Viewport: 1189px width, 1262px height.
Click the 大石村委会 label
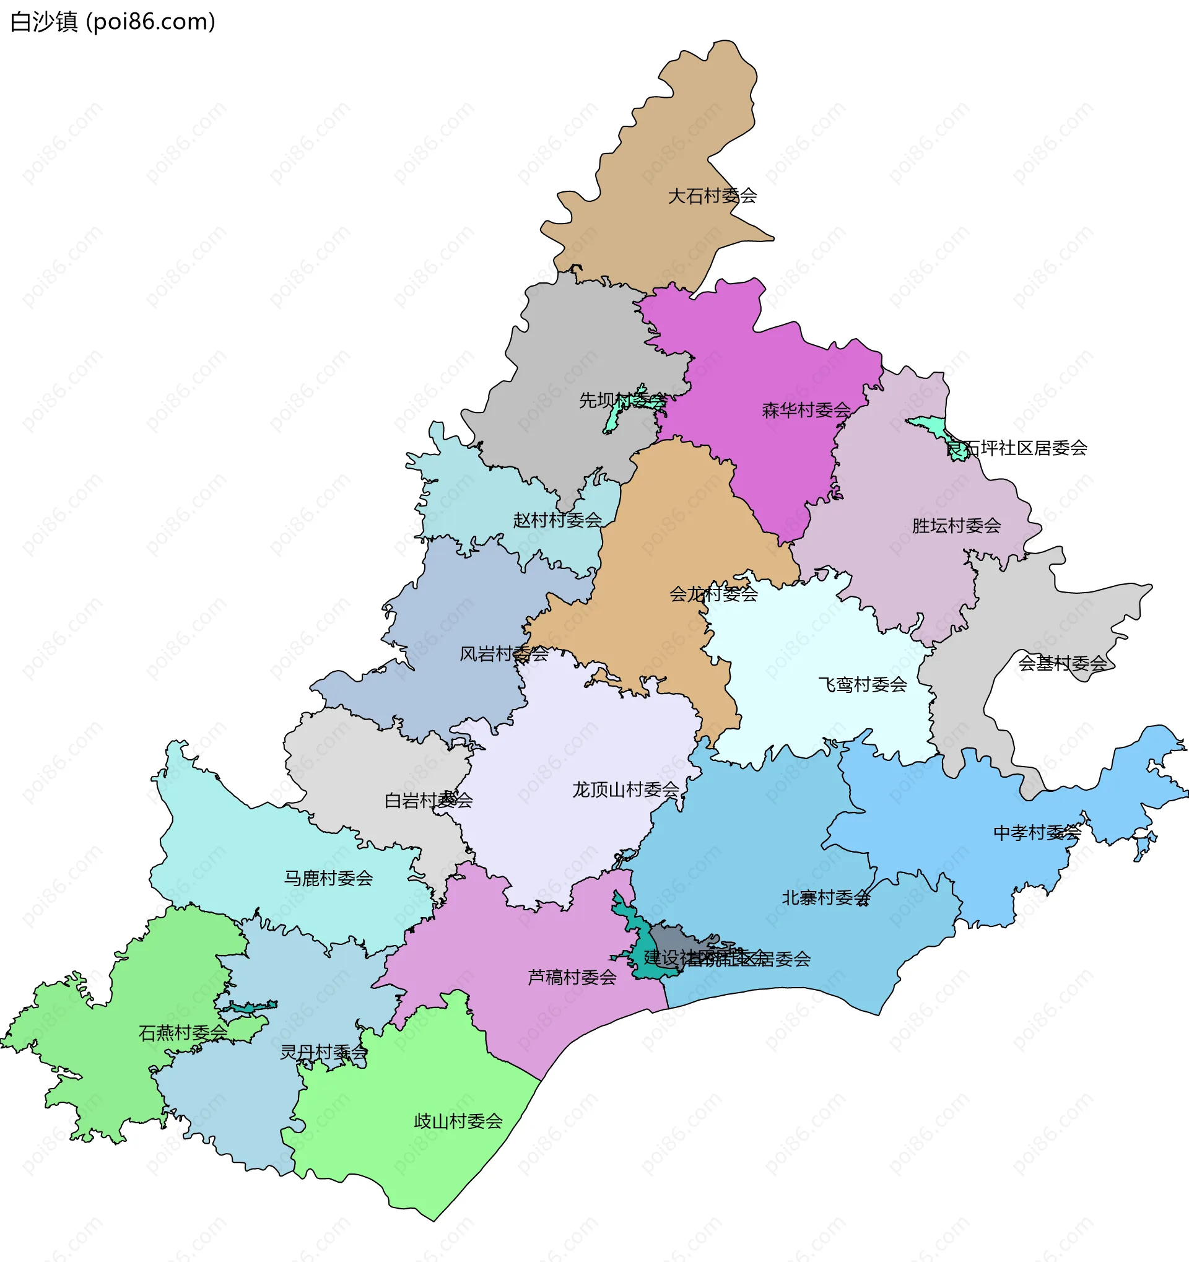pos(712,196)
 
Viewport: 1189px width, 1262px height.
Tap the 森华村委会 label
pos(806,410)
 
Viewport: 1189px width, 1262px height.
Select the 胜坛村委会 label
pos(956,526)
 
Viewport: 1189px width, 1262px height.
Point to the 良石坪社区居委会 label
pos(1016,448)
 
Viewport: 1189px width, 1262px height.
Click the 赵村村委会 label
pos(557,520)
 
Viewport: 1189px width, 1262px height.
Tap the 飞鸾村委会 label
pos(862,684)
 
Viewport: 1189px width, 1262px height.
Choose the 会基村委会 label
pos(1063,663)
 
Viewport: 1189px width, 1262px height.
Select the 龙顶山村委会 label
pos(625,790)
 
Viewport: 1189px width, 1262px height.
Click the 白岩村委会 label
pos(429,801)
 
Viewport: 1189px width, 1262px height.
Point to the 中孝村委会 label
pos(1037,833)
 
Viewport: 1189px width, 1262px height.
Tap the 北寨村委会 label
pos(825,898)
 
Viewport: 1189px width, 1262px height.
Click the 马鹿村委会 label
pos(328,879)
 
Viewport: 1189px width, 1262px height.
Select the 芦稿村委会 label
pos(572,977)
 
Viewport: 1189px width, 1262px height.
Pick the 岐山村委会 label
pos(458,1121)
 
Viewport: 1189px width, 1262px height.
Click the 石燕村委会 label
pos(183,1033)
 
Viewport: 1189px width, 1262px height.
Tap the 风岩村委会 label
pos(504,654)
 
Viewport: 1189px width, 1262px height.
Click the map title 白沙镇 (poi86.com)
pos(113,22)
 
